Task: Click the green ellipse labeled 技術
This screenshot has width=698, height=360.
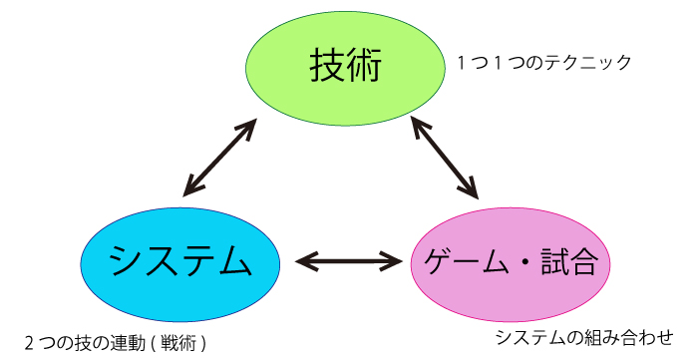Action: click(345, 69)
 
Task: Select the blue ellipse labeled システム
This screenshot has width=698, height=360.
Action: click(179, 262)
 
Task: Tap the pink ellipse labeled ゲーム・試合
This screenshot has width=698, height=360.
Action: click(511, 263)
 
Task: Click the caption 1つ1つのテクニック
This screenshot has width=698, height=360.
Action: click(544, 63)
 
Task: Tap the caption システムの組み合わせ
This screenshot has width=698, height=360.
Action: click(583, 337)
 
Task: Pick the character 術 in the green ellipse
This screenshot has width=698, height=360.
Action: click(364, 69)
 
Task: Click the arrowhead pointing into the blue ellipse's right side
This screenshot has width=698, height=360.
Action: click(304, 263)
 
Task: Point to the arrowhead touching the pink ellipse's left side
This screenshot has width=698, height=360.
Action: click(392, 263)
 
